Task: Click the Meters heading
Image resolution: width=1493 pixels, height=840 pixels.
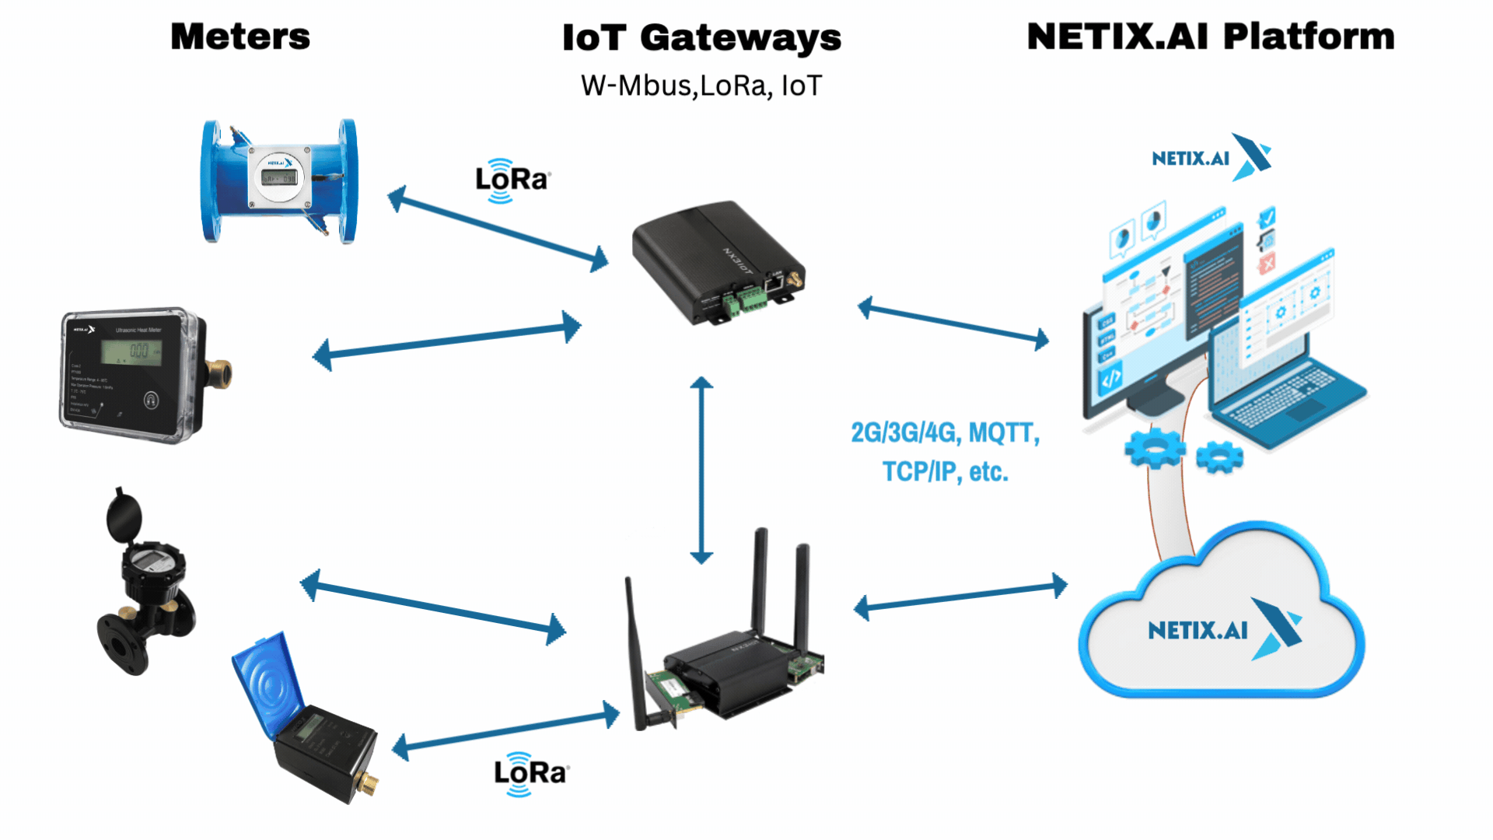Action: [240, 37]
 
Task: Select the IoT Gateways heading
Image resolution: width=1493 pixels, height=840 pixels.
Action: [701, 38]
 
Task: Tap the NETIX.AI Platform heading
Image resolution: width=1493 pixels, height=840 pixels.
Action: [1210, 37]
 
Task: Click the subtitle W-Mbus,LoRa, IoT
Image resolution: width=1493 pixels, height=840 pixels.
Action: [701, 86]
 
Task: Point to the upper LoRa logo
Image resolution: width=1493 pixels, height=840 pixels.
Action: [512, 180]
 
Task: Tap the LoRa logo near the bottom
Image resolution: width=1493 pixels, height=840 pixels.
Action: [531, 774]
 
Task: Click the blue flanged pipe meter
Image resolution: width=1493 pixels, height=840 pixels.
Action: [279, 181]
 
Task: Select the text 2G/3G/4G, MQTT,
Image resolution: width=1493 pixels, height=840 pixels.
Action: [945, 432]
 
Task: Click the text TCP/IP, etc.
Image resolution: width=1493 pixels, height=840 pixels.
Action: [945, 471]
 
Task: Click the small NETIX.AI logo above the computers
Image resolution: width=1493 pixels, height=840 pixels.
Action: [1210, 158]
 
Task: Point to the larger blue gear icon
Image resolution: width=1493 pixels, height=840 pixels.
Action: [1154, 448]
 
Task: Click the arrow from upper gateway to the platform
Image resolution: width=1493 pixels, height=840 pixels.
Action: [953, 322]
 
